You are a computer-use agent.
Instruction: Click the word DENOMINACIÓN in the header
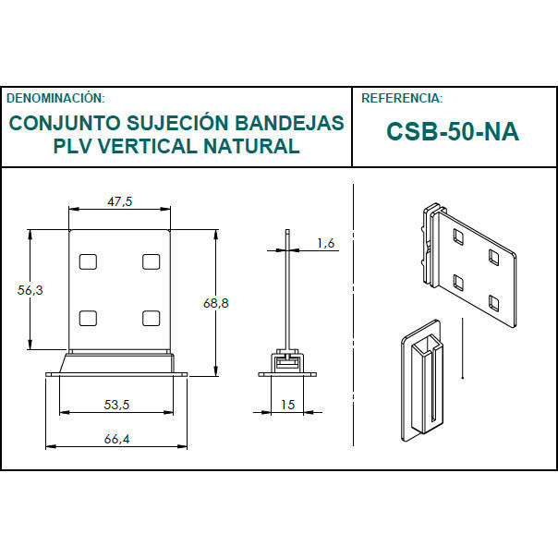pyautogui.click(x=55, y=97)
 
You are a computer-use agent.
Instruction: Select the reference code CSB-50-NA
pyautogui.click(x=453, y=131)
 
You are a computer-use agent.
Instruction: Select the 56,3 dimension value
pyautogui.click(x=30, y=290)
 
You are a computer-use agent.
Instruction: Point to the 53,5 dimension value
pyautogui.click(x=116, y=404)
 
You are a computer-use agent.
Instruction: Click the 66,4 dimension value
pyautogui.click(x=116, y=439)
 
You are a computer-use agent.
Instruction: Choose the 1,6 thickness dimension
pyautogui.click(x=325, y=243)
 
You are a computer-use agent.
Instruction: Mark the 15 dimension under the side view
pyautogui.click(x=288, y=404)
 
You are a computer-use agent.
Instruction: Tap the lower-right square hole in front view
pyautogui.click(x=152, y=318)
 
